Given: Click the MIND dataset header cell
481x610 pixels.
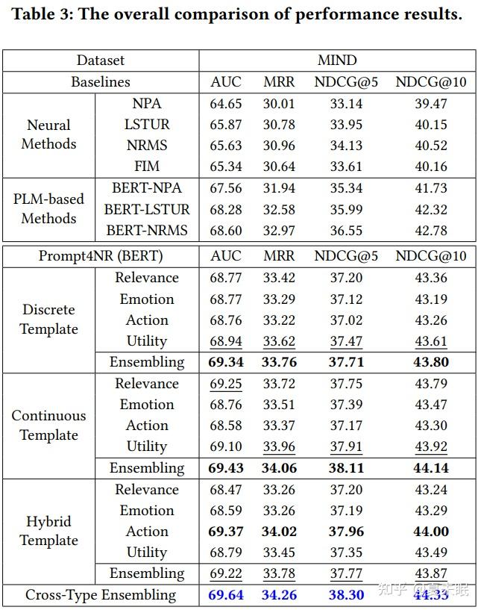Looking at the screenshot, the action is (337, 60).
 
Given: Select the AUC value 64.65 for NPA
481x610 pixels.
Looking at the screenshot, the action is (225, 104).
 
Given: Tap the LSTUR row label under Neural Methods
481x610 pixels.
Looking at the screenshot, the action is (147, 125).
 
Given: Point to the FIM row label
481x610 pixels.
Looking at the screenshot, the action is (147, 166).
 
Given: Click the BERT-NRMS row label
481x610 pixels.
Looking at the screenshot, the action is (147, 230).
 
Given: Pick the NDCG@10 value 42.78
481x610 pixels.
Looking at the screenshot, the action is (431, 230).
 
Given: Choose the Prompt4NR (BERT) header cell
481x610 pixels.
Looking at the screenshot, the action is (101, 256).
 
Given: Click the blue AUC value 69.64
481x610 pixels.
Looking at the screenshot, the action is (226, 595).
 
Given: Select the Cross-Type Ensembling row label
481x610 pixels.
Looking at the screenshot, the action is (101, 595).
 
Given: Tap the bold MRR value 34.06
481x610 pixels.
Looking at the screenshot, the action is (279, 467).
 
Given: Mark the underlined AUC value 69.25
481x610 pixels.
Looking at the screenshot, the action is (226, 384).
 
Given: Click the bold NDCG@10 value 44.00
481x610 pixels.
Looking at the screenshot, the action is (431, 532).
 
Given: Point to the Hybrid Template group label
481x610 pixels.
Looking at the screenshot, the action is (48, 531).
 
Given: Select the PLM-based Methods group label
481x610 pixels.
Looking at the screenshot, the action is (48, 208).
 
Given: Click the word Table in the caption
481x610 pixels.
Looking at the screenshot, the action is (34, 14).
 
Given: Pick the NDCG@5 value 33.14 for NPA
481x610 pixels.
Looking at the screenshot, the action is (346, 104).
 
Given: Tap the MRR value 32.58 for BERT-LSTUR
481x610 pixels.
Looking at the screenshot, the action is (279, 210).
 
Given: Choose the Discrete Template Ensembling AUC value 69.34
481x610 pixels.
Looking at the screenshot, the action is (226, 362).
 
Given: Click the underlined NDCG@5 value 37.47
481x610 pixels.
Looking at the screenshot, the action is (346, 341).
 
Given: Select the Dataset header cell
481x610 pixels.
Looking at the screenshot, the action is (101, 60).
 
